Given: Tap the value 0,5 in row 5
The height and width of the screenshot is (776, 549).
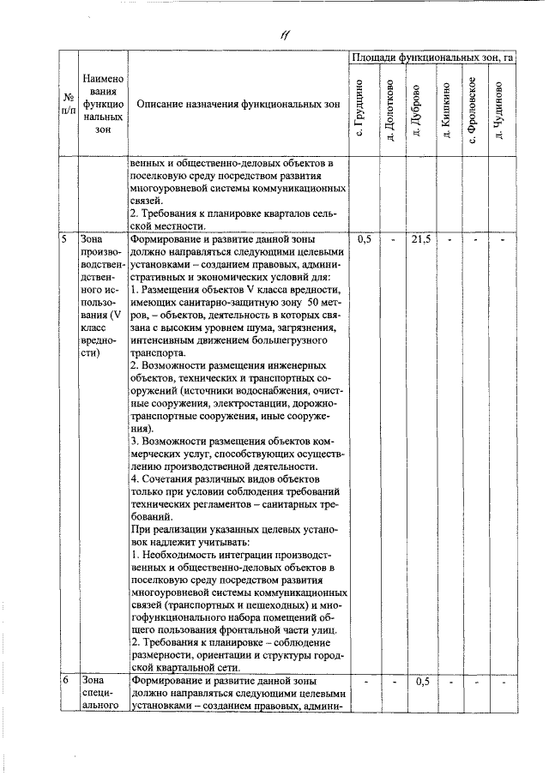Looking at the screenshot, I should [364, 240].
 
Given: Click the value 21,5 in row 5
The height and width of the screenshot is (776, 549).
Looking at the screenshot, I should [420, 240].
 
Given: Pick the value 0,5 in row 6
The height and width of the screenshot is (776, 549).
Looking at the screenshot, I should [421, 682].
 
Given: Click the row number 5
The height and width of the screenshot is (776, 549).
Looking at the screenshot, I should [64, 240].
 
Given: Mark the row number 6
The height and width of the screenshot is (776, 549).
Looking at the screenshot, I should [64, 682].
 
